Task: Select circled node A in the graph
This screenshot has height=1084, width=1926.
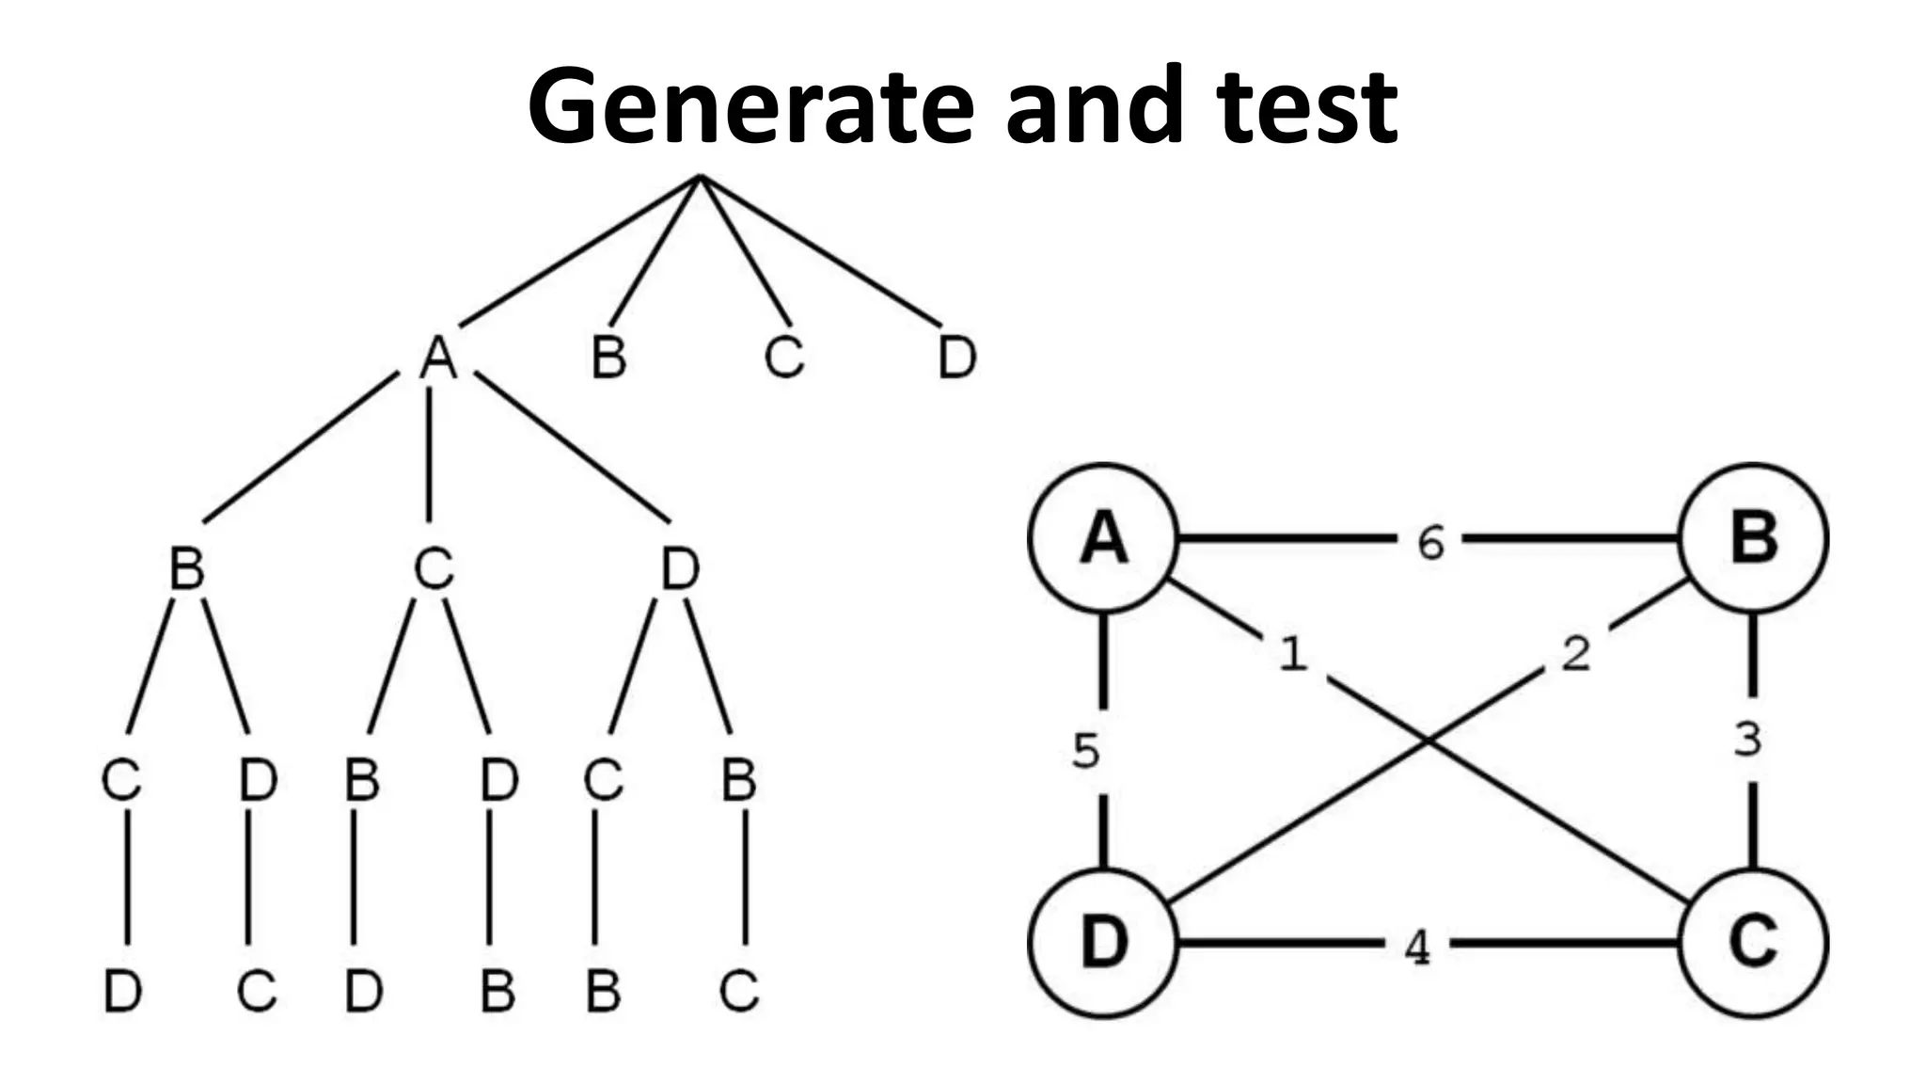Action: (x=1103, y=539)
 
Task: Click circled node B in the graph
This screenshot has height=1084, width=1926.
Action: (x=1754, y=538)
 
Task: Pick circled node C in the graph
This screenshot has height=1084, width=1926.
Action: (x=1754, y=942)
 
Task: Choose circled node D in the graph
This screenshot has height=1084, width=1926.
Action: (x=1103, y=942)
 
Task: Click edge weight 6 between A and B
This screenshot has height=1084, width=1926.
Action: (x=1429, y=543)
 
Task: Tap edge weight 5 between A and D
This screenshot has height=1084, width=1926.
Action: (x=1086, y=751)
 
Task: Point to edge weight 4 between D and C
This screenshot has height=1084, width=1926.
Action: (x=1416, y=948)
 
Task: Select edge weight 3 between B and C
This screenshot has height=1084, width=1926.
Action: (x=1747, y=740)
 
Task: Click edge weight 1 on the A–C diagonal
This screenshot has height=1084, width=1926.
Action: (x=1293, y=653)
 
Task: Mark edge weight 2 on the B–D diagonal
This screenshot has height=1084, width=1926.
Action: (x=1576, y=653)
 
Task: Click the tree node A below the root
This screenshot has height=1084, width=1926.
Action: (x=437, y=359)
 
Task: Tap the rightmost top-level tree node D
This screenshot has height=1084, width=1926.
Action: (x=957, y=359)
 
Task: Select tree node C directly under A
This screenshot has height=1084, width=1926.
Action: (x=434, y=569)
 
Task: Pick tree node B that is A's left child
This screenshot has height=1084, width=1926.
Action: (x=186, y=569)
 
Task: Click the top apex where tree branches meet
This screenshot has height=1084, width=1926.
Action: (x=700, y=177)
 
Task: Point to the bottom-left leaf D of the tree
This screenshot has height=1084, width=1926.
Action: (x=122, y=991)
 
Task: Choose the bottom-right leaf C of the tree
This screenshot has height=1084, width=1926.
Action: (x=739, y=991)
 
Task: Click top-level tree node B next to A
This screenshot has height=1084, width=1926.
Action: (x=608, y=359)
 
